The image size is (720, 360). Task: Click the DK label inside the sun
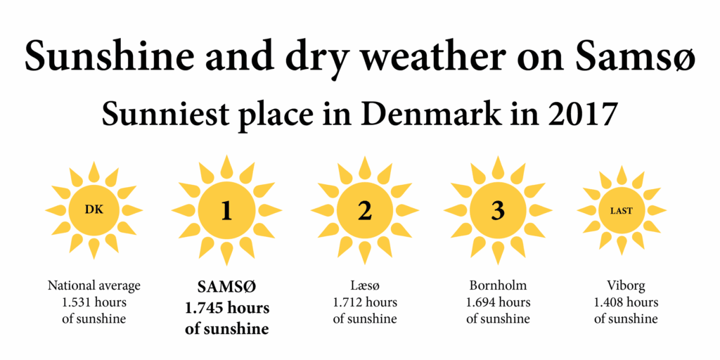click(x=94, y=210)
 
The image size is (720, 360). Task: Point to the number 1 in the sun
click(x=226, y=211)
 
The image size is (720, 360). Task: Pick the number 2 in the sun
click(x=365, y=211)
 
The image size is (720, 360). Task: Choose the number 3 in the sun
click(x=497, y=211)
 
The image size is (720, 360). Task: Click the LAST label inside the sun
click(x=622, y=211)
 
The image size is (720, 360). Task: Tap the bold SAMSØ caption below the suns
click(x=227, y=287)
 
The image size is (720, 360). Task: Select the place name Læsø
click(x=365, y=286)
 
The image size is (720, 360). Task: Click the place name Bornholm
click(x=498, y=286)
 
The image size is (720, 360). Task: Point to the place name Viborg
click(x=625, y=287)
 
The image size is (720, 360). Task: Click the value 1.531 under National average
click(x=76, y=302)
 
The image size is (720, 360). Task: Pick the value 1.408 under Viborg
click(x=609, y=302)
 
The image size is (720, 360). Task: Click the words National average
click(x=94, y=286)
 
